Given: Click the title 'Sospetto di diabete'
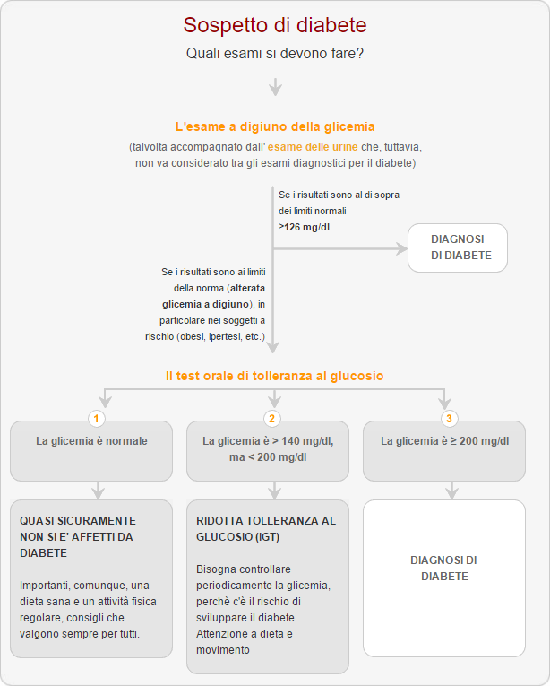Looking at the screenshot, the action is [275, 25].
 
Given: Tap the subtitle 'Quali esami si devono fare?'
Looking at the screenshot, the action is [275, 54].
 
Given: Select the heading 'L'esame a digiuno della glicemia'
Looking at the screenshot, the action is [275, 126].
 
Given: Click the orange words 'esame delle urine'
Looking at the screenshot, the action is [313, 147].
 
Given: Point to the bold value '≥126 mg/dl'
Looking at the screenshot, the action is [304, 227].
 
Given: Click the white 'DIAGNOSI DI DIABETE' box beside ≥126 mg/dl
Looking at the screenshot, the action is [458, 247].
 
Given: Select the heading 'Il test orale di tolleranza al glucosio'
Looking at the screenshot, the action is [275, 376].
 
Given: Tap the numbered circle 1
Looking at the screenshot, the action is [96, 419].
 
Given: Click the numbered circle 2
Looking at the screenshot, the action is [272, 419].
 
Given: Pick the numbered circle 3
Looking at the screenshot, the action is [449, 419].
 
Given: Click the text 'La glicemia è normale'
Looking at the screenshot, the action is [91, 441].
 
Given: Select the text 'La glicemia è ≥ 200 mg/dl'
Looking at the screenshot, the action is [444, 441].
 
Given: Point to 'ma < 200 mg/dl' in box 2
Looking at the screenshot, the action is [268, 457].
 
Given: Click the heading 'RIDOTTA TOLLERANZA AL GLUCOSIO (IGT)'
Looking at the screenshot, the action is [266, 528].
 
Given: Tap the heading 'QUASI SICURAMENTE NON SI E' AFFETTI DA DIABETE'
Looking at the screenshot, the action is [78, 537].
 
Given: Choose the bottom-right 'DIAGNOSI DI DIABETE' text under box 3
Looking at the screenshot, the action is [443, 569].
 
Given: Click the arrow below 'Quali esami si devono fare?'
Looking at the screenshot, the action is [275, 87].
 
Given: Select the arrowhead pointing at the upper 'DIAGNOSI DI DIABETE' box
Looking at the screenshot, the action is [402, 249].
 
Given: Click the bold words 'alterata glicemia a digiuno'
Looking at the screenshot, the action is [214, 296].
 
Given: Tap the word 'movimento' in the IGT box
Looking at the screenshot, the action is [222, 650].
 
